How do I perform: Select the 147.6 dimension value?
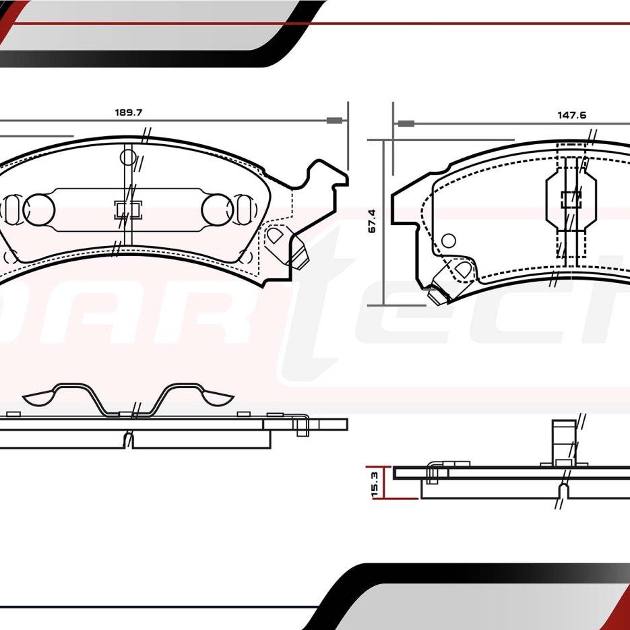[571, 115]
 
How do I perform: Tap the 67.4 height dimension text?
[372, 220]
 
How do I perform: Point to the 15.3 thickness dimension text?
[375, 484]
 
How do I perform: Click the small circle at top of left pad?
[128, 158]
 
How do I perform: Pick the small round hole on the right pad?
[449, 241]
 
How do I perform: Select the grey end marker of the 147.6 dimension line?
[405, 123]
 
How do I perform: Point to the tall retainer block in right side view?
[564, 441]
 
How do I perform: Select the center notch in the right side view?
[563, 490]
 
